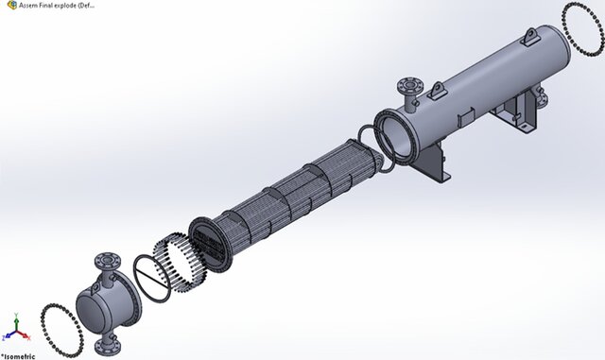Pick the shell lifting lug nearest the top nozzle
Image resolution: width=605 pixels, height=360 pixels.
tap(438, 90)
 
